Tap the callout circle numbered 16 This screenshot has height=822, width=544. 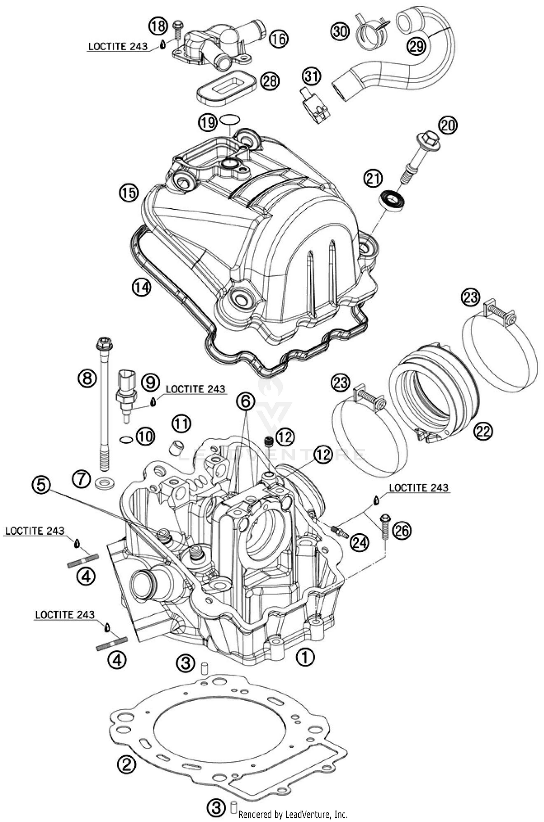pyautogui.click(x=279, y=39)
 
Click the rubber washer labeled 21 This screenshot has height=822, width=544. pyautogui.click(x=392, y=200)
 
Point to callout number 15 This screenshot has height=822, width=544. pyautogui.click(x=129, y=193)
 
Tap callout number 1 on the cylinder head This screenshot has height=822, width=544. pyautogui.click(x=305, y=656)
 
